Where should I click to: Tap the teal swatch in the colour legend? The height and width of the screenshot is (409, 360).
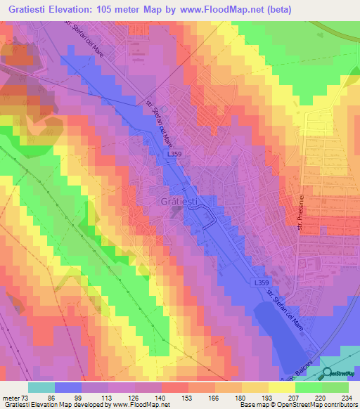(41, 387)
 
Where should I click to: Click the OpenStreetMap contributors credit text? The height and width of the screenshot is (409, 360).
(309, 404)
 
